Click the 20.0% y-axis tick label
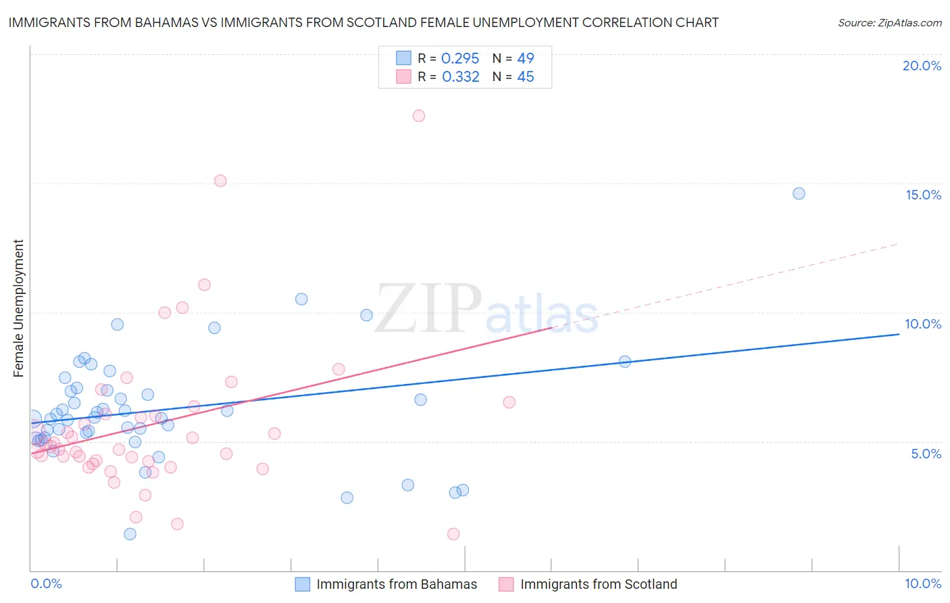[x=922, y=66]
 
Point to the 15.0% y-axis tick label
[x=923, y=195]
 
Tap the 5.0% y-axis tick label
[x=926, y=454]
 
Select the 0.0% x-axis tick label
[x=46, y=583]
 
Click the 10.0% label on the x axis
[x=922, y=583]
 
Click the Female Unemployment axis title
[x=18, y=308]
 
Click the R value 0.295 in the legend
[x=460, y=59]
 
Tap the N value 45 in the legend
[x=525, y=77]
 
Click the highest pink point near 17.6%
[x=419, y=116]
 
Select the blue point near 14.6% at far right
[x=799, y=193]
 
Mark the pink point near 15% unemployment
[x=220, y=180]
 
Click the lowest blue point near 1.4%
[x=130, y=534]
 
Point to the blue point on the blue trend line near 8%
[x=625, y=362]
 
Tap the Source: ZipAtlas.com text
[x=889, y=22]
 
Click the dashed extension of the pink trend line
[x=730, y=284]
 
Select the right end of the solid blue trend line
[x=898, y=334]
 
